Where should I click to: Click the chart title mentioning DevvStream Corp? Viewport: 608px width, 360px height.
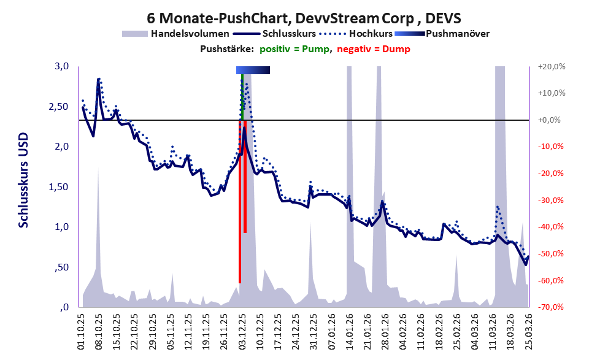pos(304,18)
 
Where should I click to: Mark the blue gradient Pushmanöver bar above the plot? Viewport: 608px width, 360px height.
pos(253,71)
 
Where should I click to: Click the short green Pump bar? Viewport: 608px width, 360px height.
pos(242,98)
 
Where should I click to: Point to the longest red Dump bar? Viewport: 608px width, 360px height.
pos(240,202)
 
